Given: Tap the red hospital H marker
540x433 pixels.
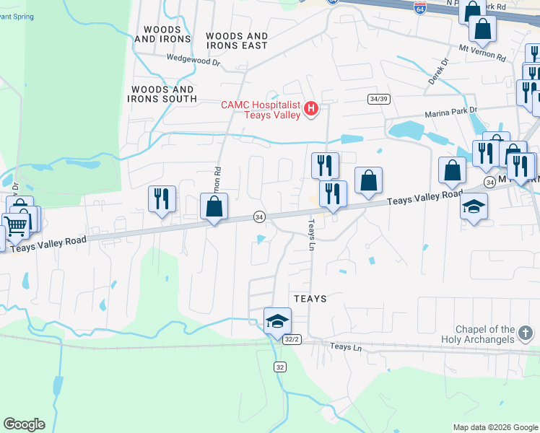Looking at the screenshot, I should pos(311,110).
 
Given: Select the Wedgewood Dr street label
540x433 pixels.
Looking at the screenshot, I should pos(193,61).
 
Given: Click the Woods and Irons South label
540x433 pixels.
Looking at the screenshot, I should pos(162,94).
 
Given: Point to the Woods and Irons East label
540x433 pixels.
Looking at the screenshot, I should pos(237,40).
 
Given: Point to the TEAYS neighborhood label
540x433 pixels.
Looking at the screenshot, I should pos(310,299).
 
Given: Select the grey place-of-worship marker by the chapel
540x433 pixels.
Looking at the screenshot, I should pos(526,333).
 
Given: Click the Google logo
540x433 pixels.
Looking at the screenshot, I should pos(24,424).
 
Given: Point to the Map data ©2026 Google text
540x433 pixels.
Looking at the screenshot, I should pos(495,427).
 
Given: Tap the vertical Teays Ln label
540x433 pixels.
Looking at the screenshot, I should pos(313,235).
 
